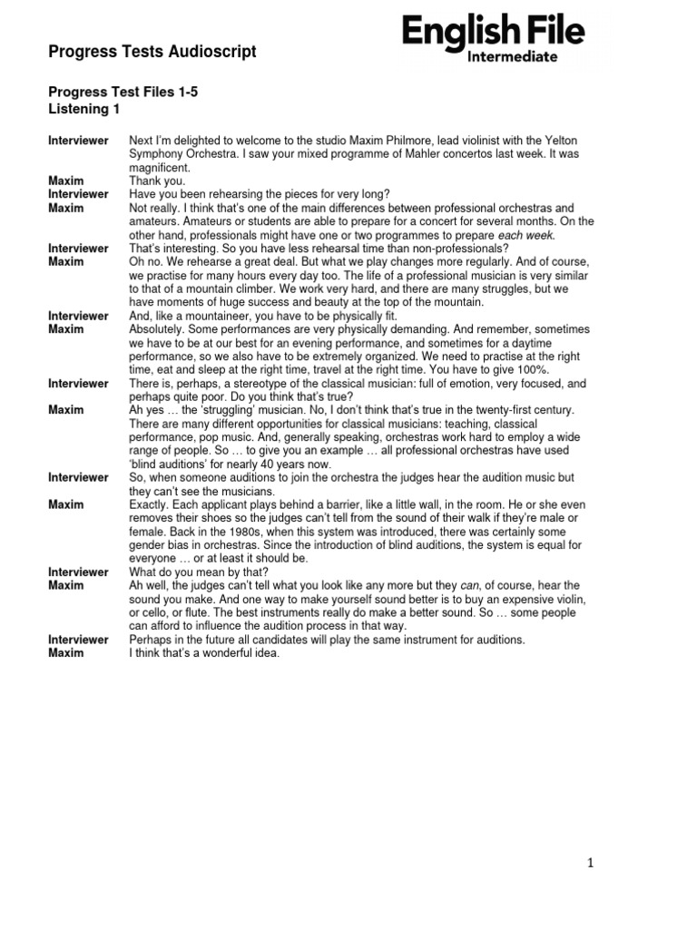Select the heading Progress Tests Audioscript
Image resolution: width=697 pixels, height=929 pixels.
pos(152,52)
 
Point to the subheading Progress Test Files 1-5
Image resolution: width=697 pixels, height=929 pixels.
pos(123,93)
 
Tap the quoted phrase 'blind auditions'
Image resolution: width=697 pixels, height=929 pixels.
pos(174,464)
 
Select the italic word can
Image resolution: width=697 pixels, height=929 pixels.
pos(465,585)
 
